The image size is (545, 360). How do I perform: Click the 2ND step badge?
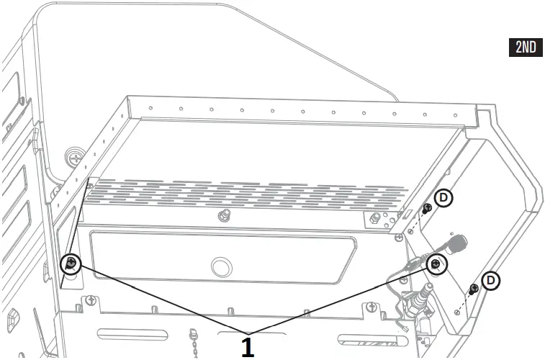(526, 48)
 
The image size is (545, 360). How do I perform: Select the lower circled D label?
(491, 279)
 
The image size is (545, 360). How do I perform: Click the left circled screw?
(71, 264)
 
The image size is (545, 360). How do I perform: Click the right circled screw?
(436, 265)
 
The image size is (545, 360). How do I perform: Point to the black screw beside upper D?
(427, 209)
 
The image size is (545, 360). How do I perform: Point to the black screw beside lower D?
(473, 289)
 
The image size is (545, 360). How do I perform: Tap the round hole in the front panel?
(220, 267)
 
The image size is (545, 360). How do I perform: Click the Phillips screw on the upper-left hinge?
(73, 155)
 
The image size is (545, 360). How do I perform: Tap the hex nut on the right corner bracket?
(374, 218)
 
